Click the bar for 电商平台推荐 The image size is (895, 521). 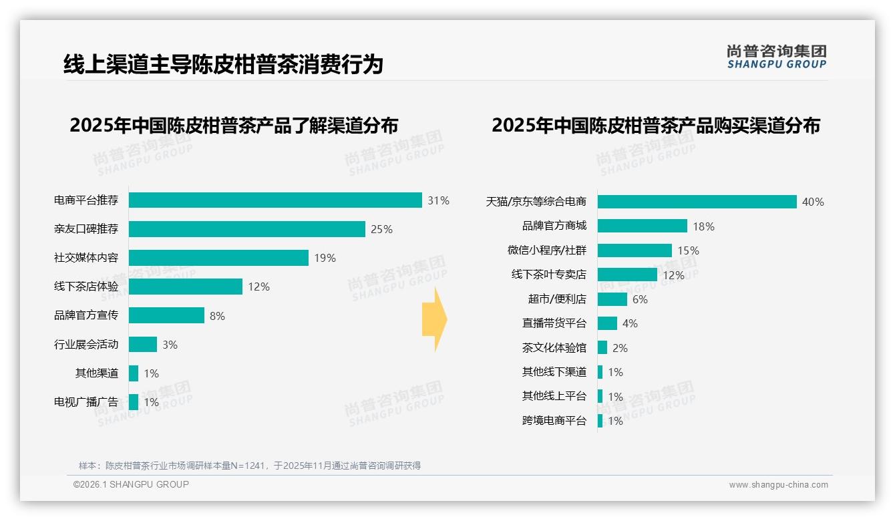(x=275, y=200)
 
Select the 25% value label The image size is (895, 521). (x=381, y=229)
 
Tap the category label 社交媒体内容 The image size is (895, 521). (x=86, y=258)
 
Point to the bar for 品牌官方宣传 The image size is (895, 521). (x=166, y=315)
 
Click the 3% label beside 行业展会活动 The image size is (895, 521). (x=170, y=345)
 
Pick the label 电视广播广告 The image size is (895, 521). (x=86, y=402)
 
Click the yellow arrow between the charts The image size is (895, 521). (x=434, y=319)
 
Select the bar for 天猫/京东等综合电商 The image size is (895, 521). (x=697, y=202)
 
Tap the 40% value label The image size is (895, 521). (x=813, y=202)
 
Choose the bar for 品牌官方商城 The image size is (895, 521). (x=642, y=226)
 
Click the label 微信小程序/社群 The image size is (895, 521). (x=547, y=250)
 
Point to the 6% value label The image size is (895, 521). (x=640, y=299)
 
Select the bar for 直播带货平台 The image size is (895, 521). (x=607, y=323)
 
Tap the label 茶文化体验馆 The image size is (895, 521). (x=554, y=348)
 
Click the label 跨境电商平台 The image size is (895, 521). (x=554, y=421)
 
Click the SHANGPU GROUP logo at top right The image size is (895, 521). (x=776, y=57)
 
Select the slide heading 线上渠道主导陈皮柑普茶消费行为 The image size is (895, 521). (x=223, y=65)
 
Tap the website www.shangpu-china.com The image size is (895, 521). (x=778, y=485)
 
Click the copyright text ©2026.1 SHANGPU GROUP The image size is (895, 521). (x=131, y=484)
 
